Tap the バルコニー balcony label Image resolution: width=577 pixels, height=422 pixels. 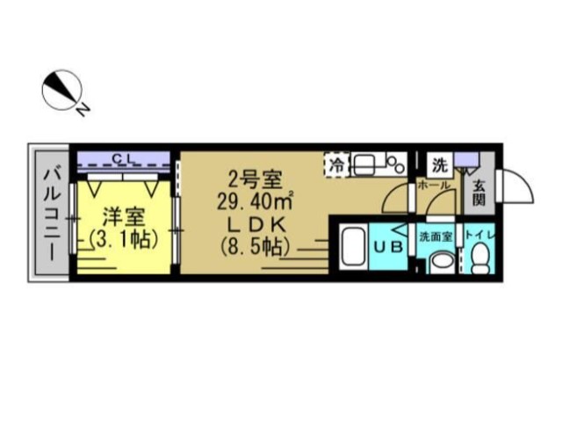point(49,212)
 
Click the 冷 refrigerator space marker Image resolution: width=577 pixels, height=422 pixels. point(336,163)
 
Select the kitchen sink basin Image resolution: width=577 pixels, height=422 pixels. point(368,163)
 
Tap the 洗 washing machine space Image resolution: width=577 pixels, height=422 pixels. point(438,163)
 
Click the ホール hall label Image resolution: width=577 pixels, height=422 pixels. point(435,186)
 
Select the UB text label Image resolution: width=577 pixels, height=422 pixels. point(390,248)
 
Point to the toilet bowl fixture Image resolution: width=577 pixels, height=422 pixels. point(480,258)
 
